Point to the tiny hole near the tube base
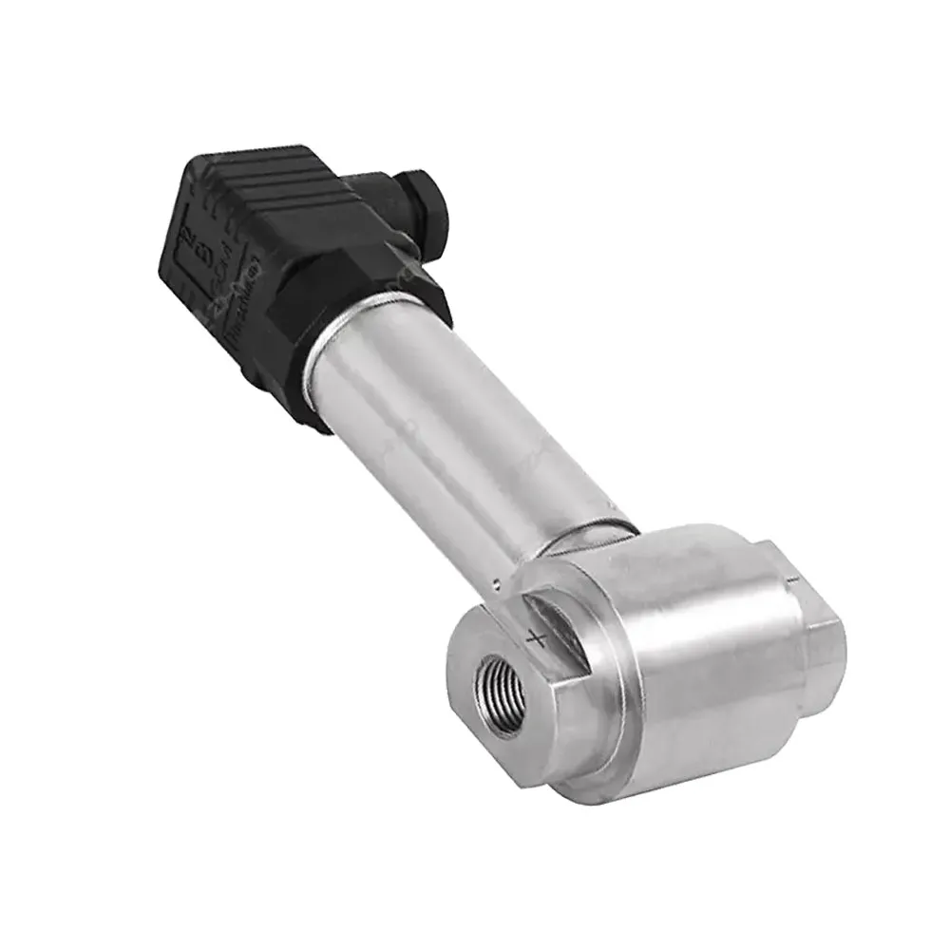[x=496, y=581]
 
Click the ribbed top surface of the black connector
[x=275, y=180]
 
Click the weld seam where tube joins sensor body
[x=579, y=537]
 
